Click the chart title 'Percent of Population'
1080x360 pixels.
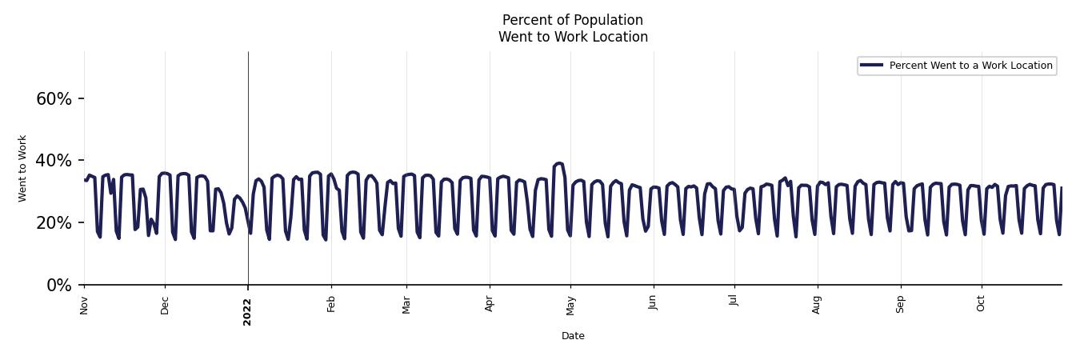tap(572, 20)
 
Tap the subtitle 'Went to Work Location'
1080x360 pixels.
tap(573, 37)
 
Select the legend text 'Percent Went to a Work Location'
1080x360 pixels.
tap(970, 66)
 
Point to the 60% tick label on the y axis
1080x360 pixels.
tap(54, 99)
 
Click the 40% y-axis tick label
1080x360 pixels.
tap(54, 161)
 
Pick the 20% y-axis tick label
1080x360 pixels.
tap(54, 223)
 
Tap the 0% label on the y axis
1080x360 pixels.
tap(59, 286)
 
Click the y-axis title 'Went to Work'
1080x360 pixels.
tap(22, 168)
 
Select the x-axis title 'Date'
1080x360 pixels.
tap(573, 336)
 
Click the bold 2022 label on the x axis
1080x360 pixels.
tap(247, 311)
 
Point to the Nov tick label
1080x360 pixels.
tap(84, 305)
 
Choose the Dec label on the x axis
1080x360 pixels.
tap(165, 305)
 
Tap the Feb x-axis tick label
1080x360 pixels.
tap(331, 304)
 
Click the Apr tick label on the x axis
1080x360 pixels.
tap(490, 304)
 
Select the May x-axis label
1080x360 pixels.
tap(570, 305)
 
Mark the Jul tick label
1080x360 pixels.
tap(734, 303)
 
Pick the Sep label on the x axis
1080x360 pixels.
tap(900, 305)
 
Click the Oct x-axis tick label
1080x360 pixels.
tap(981, 304)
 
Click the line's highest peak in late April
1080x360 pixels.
tap(558, 163)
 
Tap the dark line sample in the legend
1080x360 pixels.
tap(871, 66)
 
